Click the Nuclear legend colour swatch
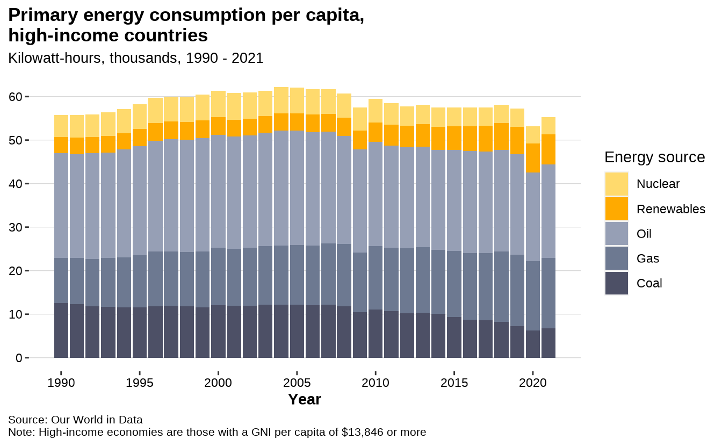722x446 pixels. [617, 184]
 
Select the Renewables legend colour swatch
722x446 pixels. [617, 208]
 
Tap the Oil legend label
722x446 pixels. [644, 234]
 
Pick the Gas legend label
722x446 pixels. [647, 258]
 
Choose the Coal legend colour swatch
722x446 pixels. [617, 283]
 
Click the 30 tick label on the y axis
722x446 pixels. [15, 227]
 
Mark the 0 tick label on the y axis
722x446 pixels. [18, 358]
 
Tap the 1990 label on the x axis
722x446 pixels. [61, 383]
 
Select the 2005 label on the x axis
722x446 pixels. [297, 383]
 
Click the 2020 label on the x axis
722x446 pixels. [533, 383]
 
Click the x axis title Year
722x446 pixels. [305, 399]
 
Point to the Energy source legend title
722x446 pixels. [654, 157]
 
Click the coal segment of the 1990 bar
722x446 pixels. [61, 330]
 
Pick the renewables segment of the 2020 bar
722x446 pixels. [533, 158]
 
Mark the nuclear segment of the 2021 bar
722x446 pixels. [548, 126]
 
